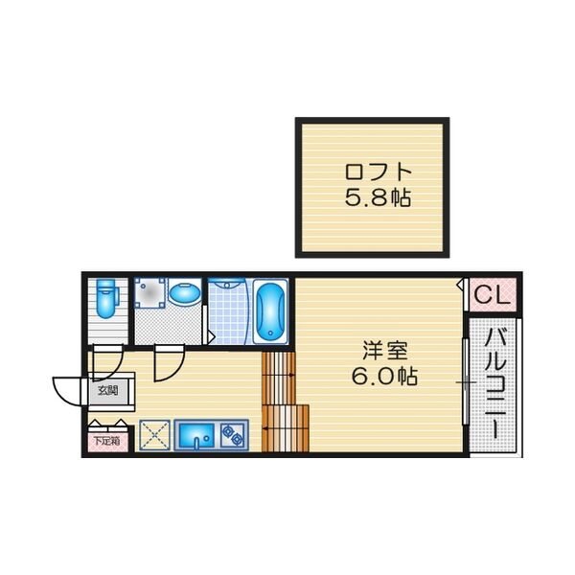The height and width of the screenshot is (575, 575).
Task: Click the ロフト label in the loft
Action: coord(379,172)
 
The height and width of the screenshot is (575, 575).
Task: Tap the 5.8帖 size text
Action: coord(378,197)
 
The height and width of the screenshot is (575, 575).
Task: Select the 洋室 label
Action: coord(385,350)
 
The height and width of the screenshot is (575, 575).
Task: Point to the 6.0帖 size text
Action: coord(384,376)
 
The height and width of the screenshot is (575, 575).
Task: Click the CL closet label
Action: coord(493,294)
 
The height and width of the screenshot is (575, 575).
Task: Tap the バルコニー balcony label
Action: coord(495,383)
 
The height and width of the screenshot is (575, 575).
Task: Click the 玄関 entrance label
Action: coord(107,390)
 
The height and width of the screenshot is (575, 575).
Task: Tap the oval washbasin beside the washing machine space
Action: coord(185,293)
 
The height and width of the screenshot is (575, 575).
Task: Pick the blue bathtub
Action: coord(270,311)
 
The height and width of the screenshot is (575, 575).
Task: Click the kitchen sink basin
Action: coord(196,435)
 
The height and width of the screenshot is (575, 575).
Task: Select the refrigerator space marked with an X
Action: coord(154,435)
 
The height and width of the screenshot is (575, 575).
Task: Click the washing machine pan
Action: coord(149,293)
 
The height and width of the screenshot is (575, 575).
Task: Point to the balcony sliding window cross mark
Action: coord(466,382)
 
